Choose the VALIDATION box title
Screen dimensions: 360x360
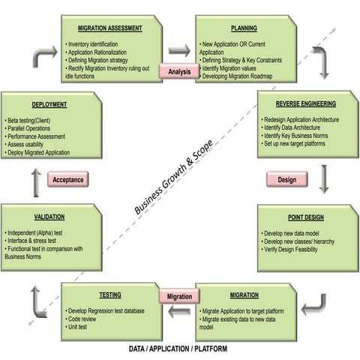click(49, 217)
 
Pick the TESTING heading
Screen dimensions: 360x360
click(109, 295)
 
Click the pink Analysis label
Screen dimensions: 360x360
click(178, 72)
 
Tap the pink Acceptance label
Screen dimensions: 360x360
click(67, 179)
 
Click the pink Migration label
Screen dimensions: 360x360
click(178, 296)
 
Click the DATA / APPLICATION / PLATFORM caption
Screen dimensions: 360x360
click(178, 349)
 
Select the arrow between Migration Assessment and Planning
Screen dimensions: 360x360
click(179, 50)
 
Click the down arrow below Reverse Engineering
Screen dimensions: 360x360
click(324, 178)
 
